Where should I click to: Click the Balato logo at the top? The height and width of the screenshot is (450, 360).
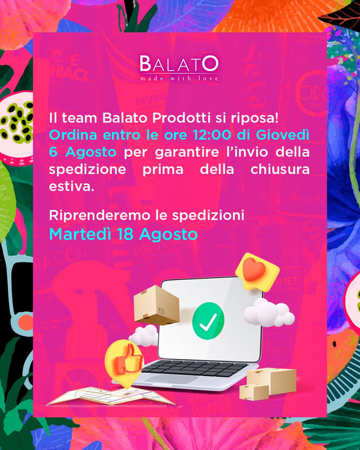tap(179, 68)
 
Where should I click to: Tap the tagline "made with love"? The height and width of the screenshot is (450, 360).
tap(179, 78)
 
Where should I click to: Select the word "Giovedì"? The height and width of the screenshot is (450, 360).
tap(283, 135)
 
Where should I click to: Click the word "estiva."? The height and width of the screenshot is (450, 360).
tap(71, 186)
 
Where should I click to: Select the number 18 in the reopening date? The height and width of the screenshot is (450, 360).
tap(125, 234)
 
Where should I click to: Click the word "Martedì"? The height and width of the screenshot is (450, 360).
tap(80, 234)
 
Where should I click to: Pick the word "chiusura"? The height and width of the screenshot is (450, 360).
tap(280, 169)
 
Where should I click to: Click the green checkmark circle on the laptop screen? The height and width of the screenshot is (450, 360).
tap(208, 320)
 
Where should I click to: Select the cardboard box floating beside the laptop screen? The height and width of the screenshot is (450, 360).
tap(156, 305)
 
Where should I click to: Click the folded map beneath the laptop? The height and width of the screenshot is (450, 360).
tap(111, 396)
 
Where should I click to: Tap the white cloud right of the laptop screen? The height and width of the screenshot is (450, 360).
tap(268, 313)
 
